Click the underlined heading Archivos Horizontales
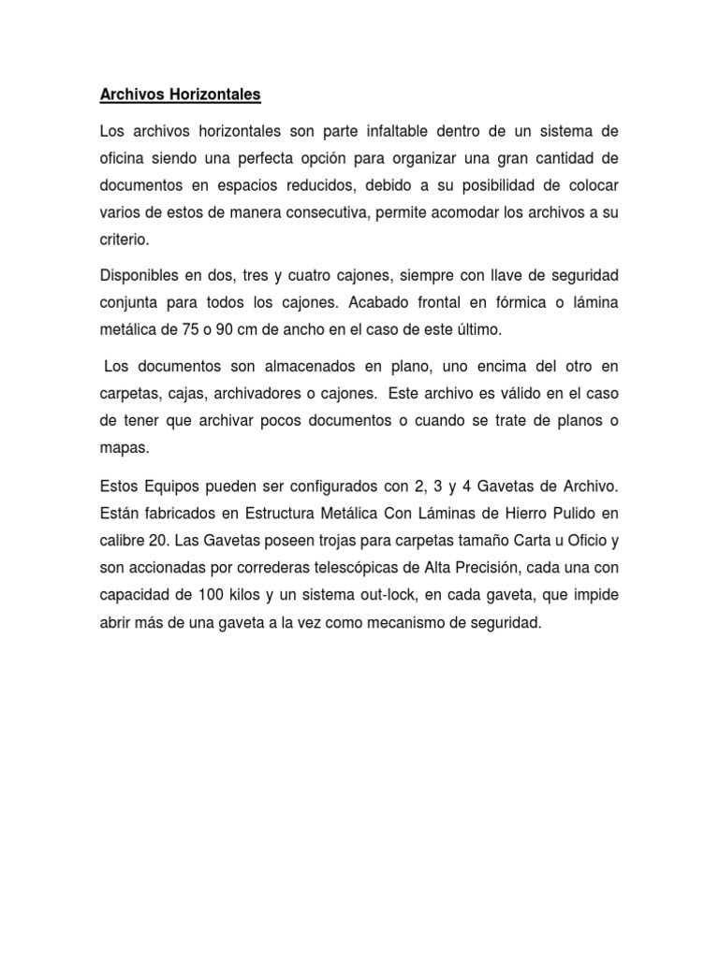click(180, 95)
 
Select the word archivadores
click(251, 394)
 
